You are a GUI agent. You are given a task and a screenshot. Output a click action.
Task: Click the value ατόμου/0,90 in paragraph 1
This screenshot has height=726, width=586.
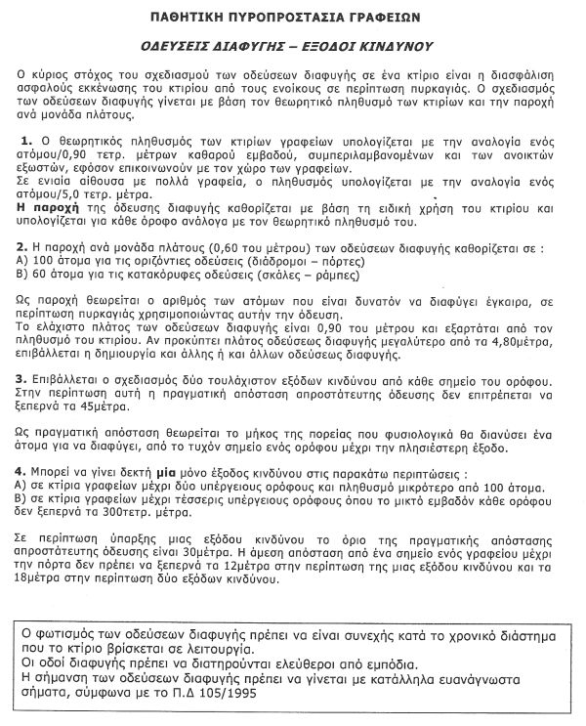pos(55,155)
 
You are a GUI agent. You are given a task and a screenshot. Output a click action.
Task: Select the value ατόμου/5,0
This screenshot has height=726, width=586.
pos(53,193)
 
